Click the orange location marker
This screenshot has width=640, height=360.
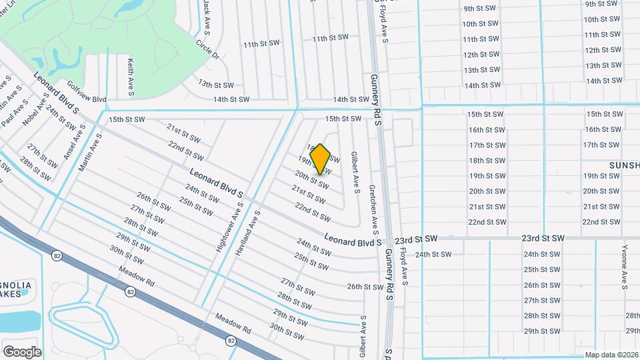(x=321, y=159)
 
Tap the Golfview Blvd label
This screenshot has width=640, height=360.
(x=87, y=92)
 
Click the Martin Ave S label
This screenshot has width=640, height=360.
(x=90, y=152)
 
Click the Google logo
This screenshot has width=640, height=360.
(x=22, y=351)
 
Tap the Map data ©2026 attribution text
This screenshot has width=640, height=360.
(x=611, y=355)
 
